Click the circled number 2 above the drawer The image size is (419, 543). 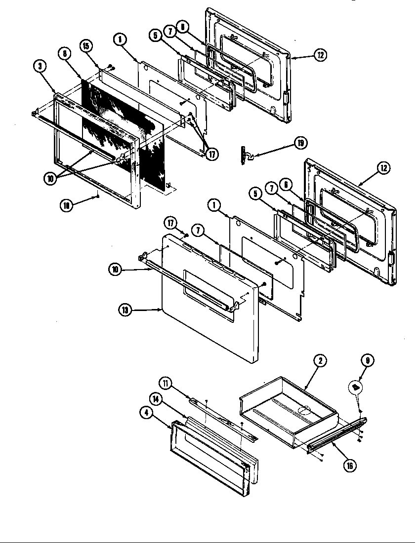click(x=320, y=361)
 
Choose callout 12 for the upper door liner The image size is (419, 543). click(x=320, y=55)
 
